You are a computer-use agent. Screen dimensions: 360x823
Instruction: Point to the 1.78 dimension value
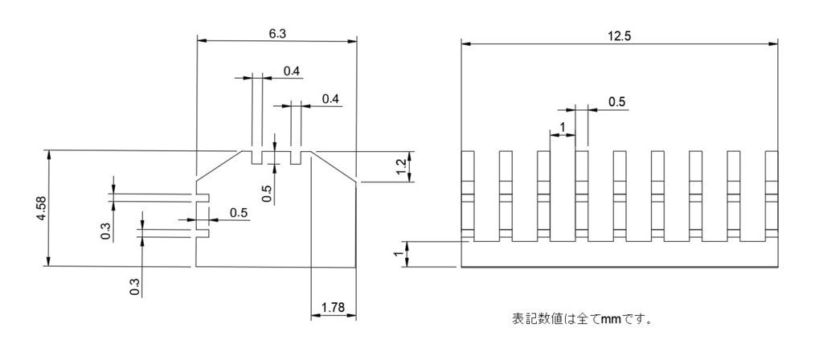click(334, 307)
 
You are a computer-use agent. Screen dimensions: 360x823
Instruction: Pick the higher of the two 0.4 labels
click(292, 72)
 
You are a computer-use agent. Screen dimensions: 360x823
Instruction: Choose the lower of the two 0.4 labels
click(330, 98)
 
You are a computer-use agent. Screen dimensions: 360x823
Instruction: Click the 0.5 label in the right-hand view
click(617, 101)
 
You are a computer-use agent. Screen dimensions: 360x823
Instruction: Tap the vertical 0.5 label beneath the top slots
click(267, 192)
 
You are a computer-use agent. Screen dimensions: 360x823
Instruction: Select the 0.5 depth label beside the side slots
click(239, 212)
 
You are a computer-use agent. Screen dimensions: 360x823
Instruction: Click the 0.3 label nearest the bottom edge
click(134, 286)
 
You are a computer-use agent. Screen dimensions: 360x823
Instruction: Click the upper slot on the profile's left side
click(203, 196)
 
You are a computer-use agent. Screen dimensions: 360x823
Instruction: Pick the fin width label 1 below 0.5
click(562, 126)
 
